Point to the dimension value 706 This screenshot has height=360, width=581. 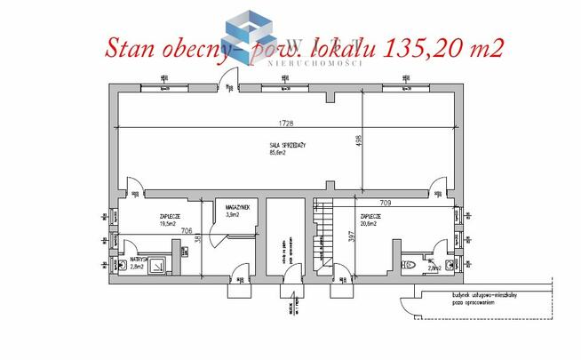[187, 230]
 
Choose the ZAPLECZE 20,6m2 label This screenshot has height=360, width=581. [371, 220]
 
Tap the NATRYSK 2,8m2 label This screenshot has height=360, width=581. [137, 262]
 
